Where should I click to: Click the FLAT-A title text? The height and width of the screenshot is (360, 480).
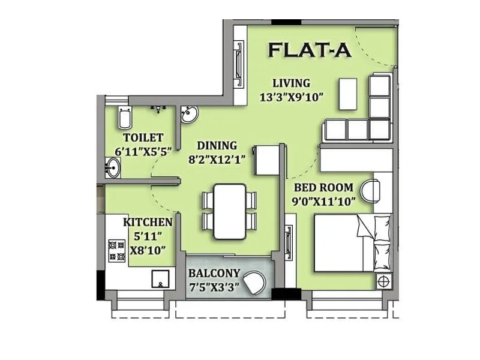[310, 50]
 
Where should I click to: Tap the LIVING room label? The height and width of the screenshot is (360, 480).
[291, 83]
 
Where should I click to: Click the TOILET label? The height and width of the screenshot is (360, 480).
[143, 138]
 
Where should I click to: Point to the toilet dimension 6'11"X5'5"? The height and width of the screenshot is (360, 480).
[143, 151]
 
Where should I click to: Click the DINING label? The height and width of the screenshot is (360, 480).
[217, 145]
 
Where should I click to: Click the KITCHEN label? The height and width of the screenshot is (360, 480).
[148, 223]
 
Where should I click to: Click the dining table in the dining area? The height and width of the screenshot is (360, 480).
[230, 211]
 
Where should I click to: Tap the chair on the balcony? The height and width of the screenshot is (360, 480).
[256, 283]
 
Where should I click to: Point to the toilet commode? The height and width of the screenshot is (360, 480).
[125, 119]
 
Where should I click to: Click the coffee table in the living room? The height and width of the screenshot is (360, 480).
[347, 94]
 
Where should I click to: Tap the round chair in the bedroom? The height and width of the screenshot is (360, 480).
[378, 191]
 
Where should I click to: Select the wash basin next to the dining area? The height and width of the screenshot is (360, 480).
[190, 114]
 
